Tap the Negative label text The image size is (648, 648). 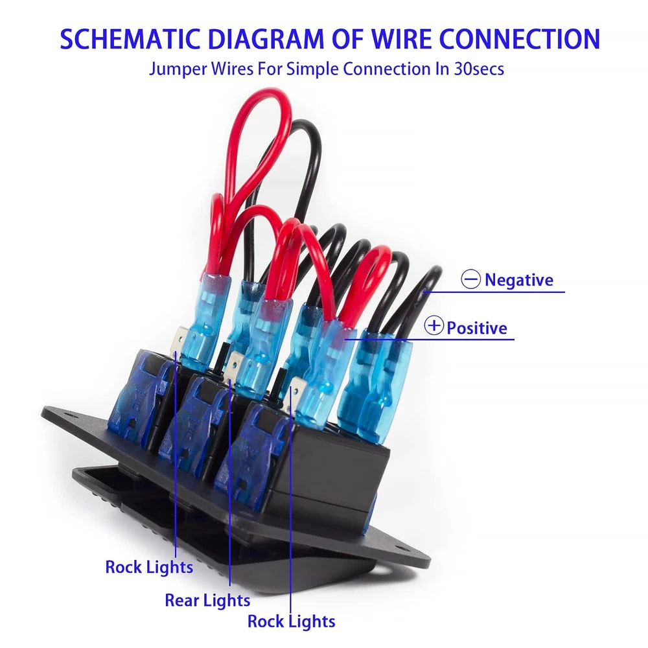(519, 280)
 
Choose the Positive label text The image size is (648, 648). (477, 328)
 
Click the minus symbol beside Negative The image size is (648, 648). (470, 280)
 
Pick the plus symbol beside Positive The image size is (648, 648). (434, 327)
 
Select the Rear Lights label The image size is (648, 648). (207, 600)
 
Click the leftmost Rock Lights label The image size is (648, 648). (149, 567)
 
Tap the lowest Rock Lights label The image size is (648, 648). (292, 621)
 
